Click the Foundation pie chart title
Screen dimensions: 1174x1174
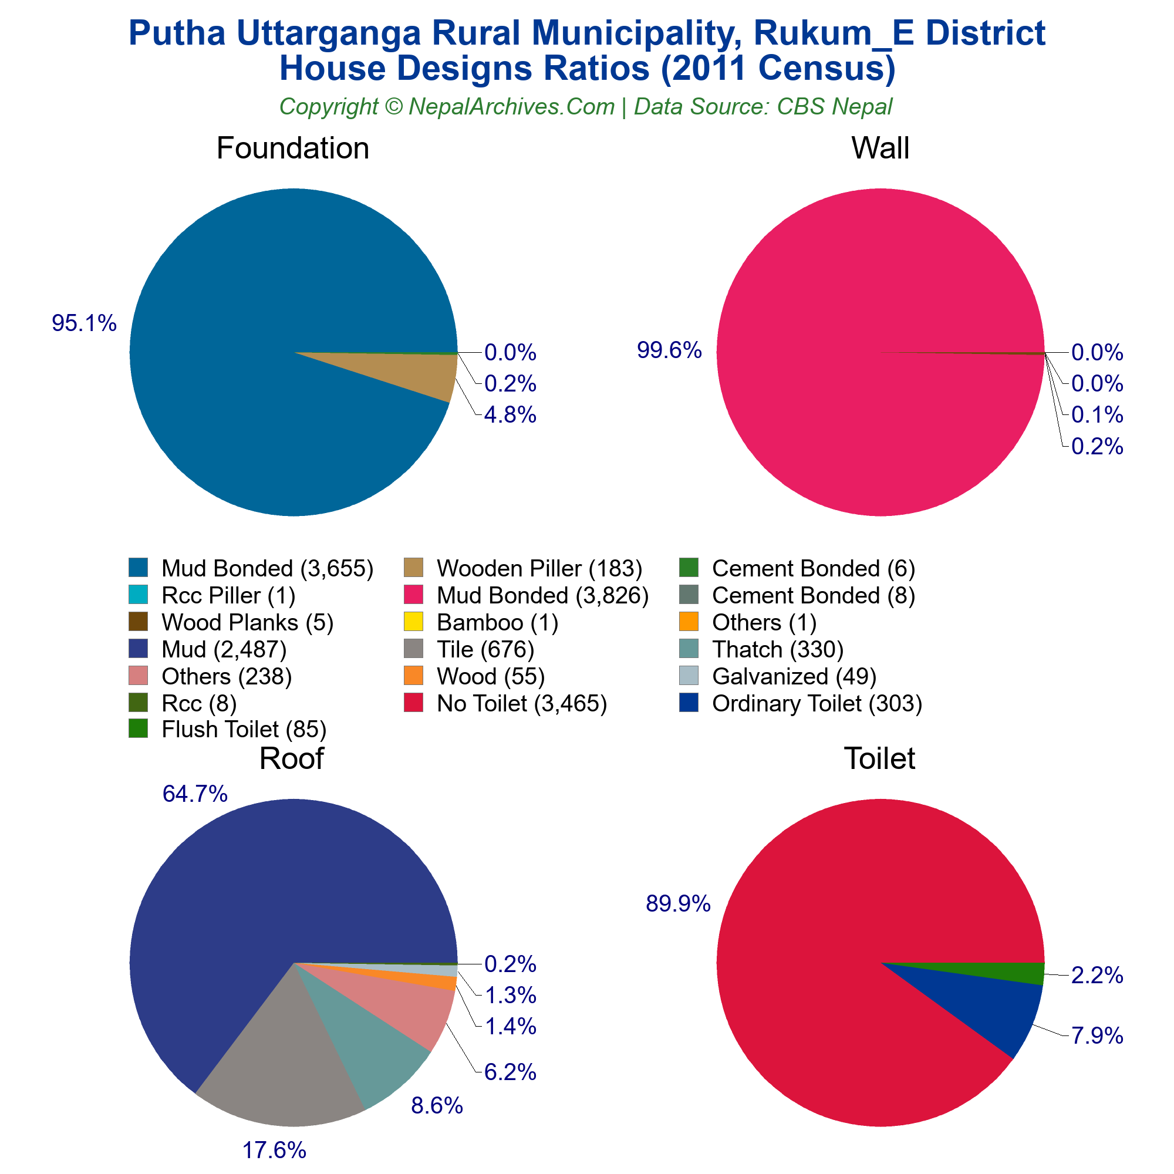click(x=292, y=149)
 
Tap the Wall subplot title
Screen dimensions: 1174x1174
click(x=880, y=149)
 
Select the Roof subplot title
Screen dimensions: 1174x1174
click(x=292, y=758)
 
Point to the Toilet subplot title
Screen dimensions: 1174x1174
click(x=879, y=758)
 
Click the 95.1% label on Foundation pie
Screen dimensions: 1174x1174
click(x=84, y=324)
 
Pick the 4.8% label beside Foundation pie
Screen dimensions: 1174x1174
click(x=510, y=416)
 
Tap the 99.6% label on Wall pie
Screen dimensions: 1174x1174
click(x=669, y=350)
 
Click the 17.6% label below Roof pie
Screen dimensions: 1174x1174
click(x=274, y=1151)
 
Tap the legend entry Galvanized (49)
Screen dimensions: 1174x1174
click(x=794, y=676)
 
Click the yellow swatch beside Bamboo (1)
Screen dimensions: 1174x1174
click(x=413, y=622)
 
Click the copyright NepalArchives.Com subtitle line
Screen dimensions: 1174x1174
click(x=586, y=107)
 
